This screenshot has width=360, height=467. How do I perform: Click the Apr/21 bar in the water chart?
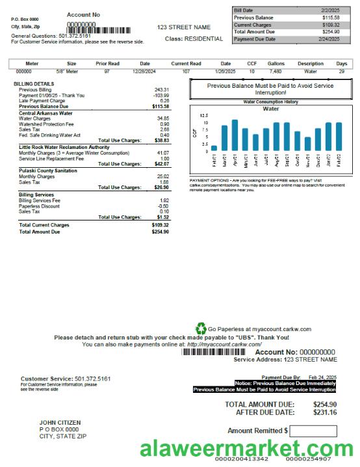[x=235, y=135]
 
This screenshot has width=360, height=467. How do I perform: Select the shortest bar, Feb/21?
[x=214, y=148]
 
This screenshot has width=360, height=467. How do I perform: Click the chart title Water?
[x=270, y=109]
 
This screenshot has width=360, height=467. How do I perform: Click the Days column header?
[x=341, y=64]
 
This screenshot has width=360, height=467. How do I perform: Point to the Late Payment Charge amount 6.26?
[x=164, y=101]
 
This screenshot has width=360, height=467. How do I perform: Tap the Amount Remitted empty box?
[x=313, y=431]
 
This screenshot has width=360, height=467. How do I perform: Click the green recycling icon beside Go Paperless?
[x=201, y=329]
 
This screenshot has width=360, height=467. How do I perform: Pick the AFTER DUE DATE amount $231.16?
[x=324, y=412]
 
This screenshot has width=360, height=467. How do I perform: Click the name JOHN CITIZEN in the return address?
[x=60, y=423]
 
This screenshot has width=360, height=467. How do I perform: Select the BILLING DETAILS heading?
[x=34, y=84]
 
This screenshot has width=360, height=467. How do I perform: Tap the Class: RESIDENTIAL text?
[x=194, y=39]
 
